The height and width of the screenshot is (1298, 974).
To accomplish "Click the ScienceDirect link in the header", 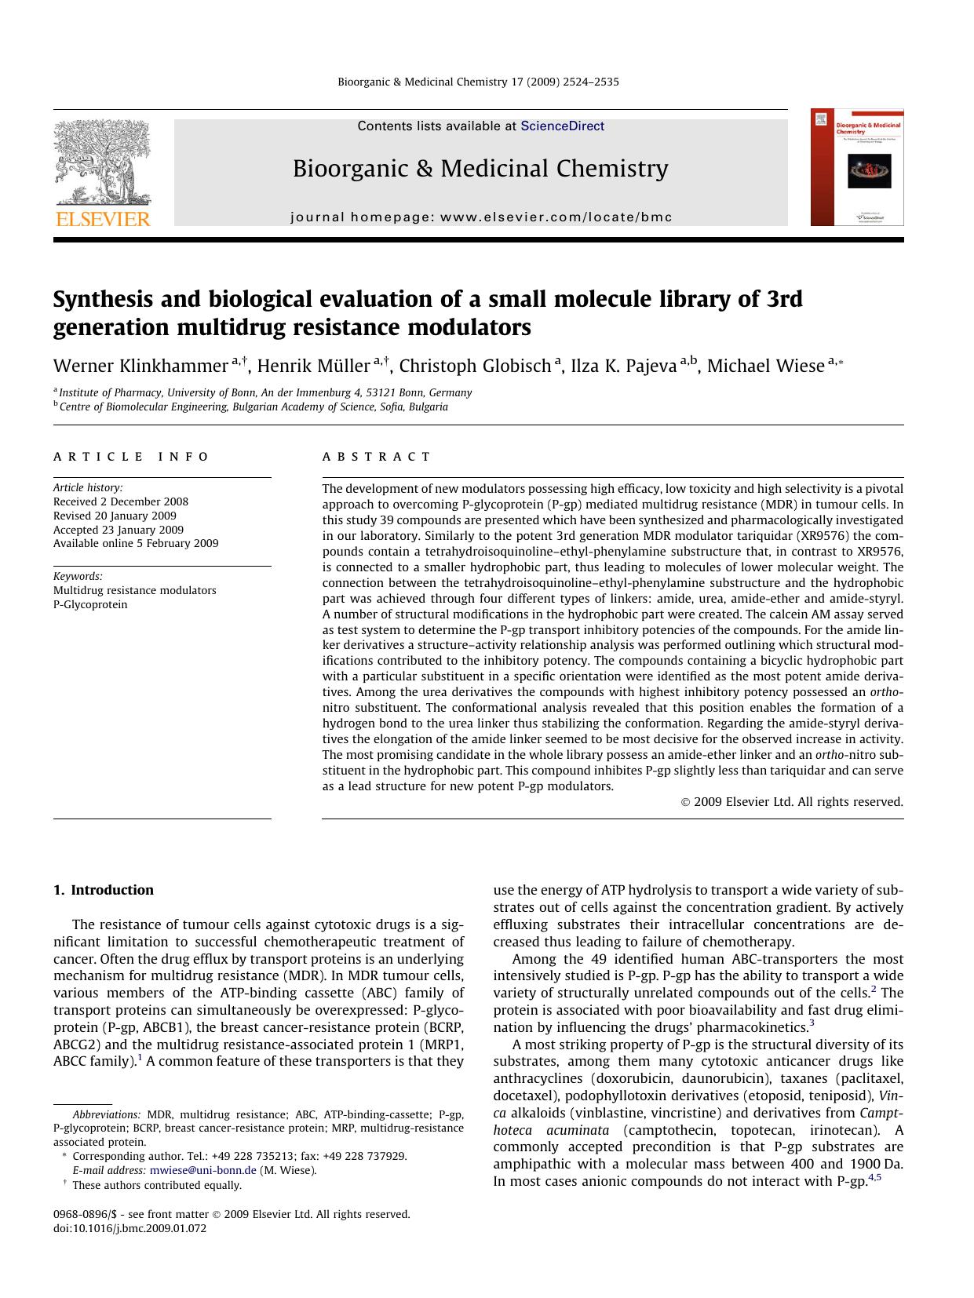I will click(x=562, y=126).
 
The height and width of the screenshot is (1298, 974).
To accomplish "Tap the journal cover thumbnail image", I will click(x=857, y=168).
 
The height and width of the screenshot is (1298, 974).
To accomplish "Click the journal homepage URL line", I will click(x=480, y=217).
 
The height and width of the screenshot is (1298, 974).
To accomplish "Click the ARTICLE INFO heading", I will click(x=131, y=457).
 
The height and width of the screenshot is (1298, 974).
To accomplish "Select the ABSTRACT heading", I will click(x=376, y=457).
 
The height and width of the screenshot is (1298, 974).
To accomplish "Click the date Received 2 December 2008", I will click(x=121, y=501).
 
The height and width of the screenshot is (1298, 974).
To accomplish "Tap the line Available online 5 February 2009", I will click(x=136, y=543).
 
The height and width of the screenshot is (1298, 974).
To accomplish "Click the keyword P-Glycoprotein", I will click(x=90, y=604).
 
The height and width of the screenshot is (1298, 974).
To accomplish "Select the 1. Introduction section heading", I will click(x=104, y=890).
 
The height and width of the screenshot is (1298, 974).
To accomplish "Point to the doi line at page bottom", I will click(x=130, y=1229).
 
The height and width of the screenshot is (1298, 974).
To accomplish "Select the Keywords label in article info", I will click(x=78, y=576).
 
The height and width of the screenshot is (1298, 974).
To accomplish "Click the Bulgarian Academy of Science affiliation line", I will click(x=254, y=407).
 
